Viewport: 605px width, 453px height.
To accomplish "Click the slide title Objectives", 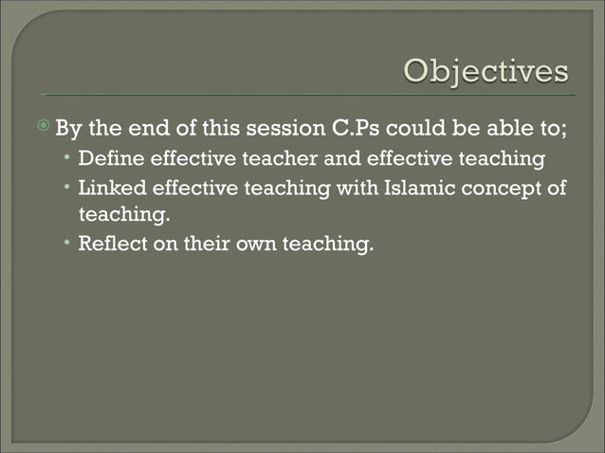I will pyautogui.click(x=486, y=72).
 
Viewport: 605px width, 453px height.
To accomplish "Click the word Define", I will pyautogui.click(x=109, y=157).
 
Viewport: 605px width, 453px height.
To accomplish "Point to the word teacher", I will pyautogui.click(x=266, y=157).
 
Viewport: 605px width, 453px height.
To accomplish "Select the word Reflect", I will pyautogui.click(x=114, y=244).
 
